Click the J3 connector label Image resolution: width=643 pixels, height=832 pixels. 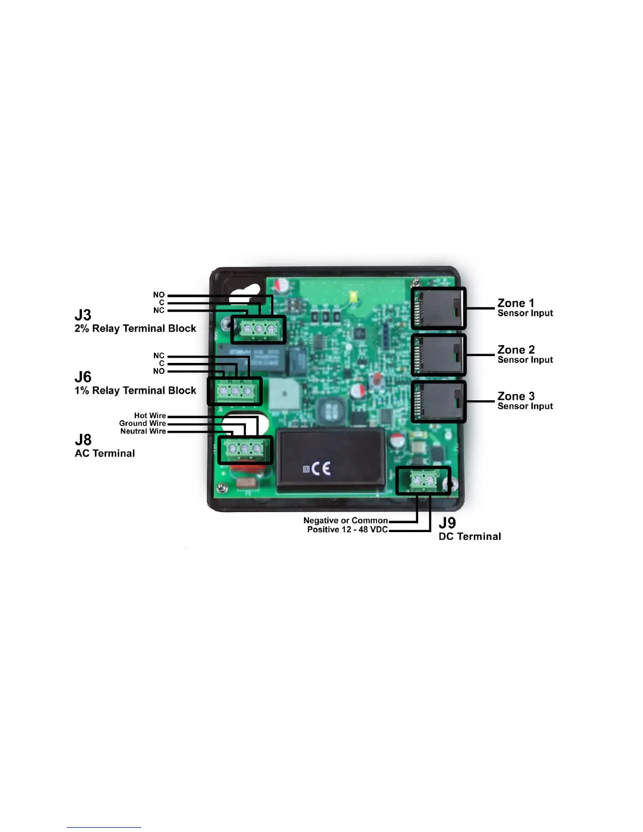[83, 315]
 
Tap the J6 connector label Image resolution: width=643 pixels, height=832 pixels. [83, 377]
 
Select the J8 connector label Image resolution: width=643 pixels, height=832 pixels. [83, 440]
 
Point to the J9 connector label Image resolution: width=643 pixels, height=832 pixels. [447, 523]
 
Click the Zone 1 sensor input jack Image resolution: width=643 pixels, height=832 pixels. [439, 308]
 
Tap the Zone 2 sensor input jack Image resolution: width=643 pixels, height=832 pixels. [439, 355]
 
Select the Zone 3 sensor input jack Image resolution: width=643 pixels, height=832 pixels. [439, 402]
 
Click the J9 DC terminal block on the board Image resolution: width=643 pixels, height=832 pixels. [423, 481]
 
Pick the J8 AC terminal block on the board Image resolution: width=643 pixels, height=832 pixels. [245, 450]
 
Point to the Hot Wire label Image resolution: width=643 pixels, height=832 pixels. [150, 415]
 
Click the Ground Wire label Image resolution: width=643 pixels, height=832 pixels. [142, 423]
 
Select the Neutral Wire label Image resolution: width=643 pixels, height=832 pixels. [143, 431]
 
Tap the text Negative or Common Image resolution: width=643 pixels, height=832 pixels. [346, 521]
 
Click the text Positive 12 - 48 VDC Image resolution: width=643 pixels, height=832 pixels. [347, 529]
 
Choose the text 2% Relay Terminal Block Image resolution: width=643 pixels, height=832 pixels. [135, 329]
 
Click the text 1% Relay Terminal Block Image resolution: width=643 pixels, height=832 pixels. [135, 391]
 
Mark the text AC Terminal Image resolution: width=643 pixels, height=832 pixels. [105, 453]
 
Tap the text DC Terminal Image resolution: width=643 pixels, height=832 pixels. [470, 536]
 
